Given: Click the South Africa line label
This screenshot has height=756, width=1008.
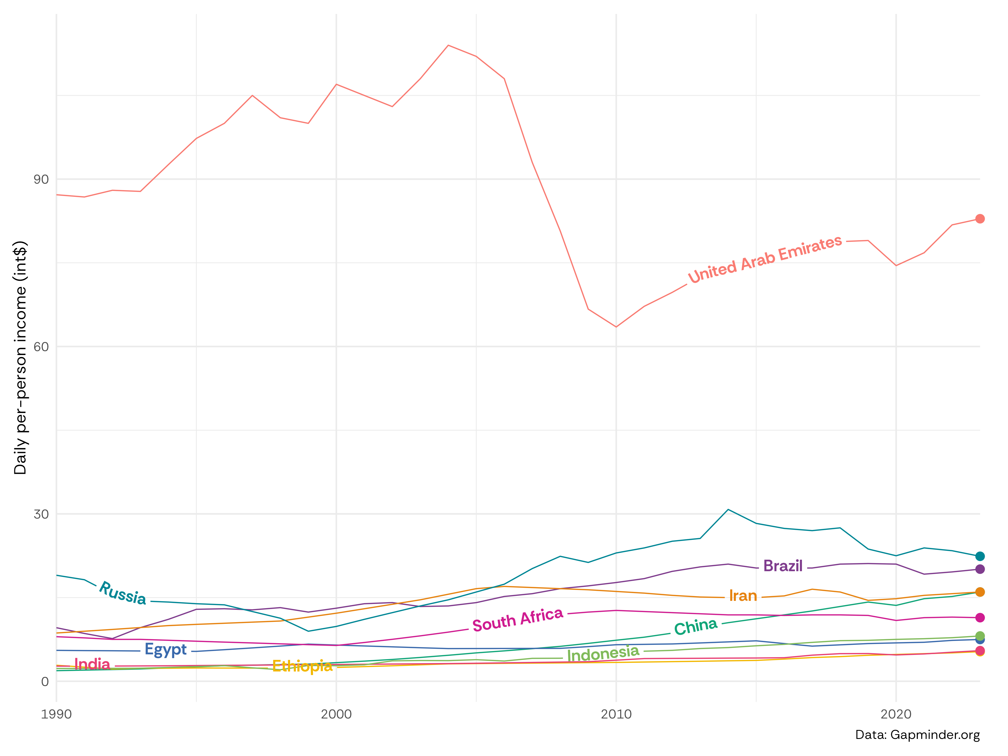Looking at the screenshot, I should (x=518, y=620).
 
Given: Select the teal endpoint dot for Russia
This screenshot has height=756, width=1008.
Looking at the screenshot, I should (x=980, y=556).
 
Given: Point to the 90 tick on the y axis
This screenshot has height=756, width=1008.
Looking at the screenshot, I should (x=41, y=179).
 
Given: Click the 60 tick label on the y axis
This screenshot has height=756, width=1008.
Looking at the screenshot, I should (x=41, y=347).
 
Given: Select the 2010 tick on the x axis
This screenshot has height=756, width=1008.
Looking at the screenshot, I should (x=616, y=714).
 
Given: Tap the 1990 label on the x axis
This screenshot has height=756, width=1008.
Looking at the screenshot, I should (x=57, y=714).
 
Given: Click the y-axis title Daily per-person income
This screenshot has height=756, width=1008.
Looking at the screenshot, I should (x=20, y=358).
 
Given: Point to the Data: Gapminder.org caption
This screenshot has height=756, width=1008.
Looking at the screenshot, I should (x=917, y=735).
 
